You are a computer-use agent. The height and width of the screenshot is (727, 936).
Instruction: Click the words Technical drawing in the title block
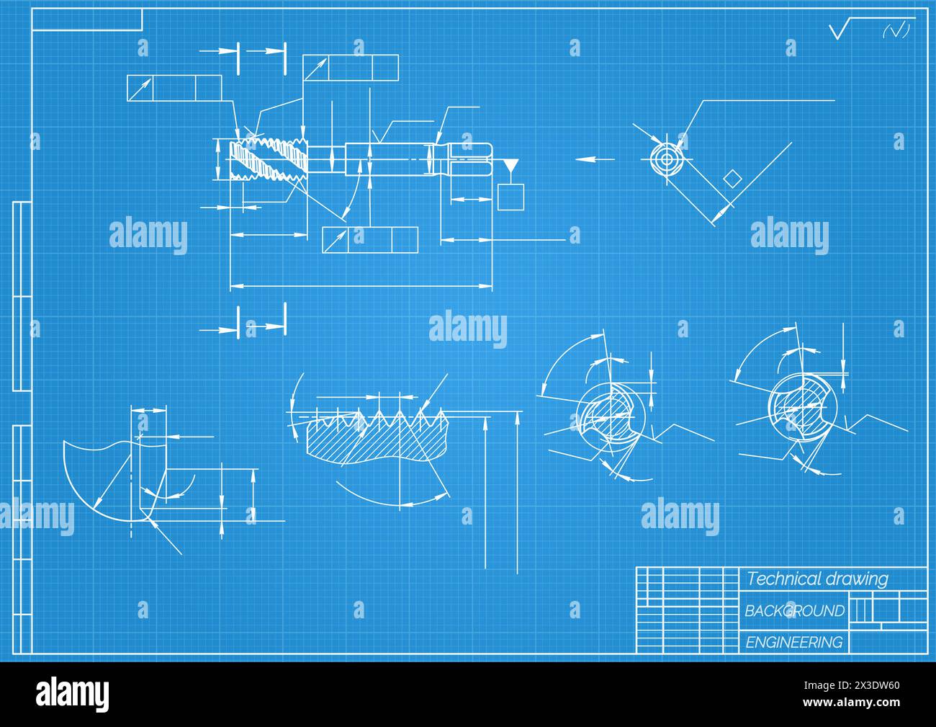817,579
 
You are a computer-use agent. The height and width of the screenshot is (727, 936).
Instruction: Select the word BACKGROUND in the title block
794,611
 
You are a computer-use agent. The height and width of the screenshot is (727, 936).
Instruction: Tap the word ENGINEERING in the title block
793,643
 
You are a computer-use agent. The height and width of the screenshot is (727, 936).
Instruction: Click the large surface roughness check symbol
842,30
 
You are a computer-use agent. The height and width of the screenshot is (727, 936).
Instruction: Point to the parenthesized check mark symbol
896,30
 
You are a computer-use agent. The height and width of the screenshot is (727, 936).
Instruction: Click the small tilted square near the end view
732,178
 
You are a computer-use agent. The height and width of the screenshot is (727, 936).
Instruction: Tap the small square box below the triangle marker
510,197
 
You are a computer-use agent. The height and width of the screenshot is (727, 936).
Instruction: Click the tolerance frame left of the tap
174,89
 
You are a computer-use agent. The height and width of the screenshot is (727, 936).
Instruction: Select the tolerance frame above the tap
351,68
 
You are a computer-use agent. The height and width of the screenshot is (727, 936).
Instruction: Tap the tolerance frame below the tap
370,240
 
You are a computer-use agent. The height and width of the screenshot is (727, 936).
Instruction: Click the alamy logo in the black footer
73,693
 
